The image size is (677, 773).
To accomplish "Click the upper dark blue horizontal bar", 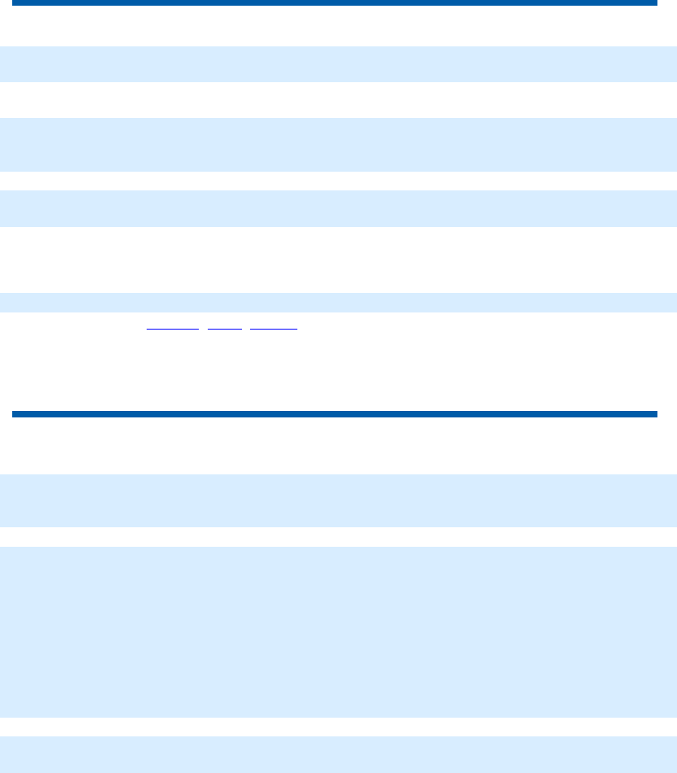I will click(334, 3).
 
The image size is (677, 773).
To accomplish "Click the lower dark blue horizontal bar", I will click(334, 414).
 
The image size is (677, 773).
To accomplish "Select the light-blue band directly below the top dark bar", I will click(338, 63).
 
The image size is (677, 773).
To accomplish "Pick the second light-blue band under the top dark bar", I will click(338, 144).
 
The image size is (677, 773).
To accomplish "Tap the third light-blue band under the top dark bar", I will click(338, 208).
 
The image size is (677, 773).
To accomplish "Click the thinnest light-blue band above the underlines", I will click(338, 302).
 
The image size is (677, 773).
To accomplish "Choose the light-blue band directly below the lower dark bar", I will click(338, 500).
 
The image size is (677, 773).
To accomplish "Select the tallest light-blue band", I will click(338, 631).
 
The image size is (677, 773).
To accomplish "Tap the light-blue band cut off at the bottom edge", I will click(338, 755).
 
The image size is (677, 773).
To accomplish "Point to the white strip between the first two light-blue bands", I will click(338, 100).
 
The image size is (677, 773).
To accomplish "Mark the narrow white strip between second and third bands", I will click(338, 181).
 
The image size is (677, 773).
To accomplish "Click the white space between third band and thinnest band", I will click(338, 259).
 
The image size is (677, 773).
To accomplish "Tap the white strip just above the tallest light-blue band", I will click(338, 537).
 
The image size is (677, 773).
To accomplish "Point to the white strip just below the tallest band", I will click(338, 727).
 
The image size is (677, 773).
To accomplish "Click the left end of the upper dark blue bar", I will click(15, 3).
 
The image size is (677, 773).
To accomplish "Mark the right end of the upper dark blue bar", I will click(653, 3).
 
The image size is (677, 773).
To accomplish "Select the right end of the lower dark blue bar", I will click(653, 414).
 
